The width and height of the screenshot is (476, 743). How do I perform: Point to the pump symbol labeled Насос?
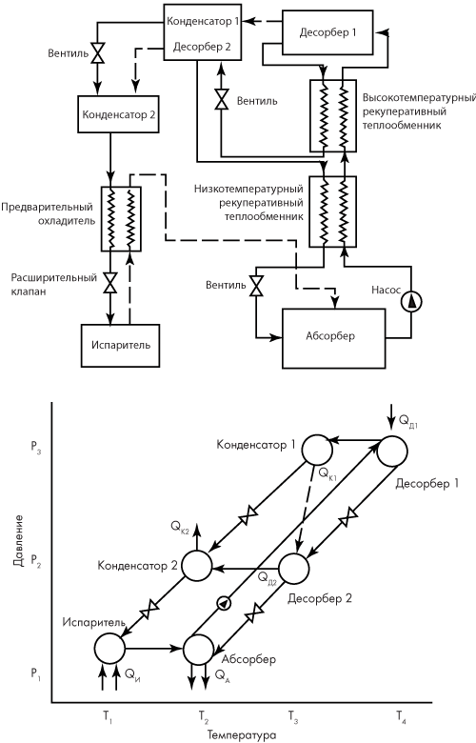point(410,302)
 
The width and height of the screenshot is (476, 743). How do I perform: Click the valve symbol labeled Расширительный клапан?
point(110,283)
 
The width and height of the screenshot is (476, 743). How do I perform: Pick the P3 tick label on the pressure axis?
point(36,451)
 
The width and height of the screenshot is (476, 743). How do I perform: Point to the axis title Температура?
point(241,735)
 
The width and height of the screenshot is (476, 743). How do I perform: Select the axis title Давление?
point(18,544)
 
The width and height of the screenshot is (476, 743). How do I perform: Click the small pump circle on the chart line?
point(223,603)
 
